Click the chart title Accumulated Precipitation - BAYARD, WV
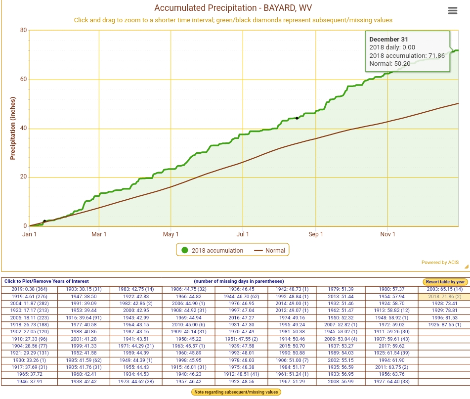(x=233, y=8)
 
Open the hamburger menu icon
(x=452, y=11)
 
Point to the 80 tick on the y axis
(x=23, y=31)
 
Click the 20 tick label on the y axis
(x=23, y=177)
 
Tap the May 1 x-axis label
(x=171, y=234)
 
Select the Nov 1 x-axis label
(x=387, y=234)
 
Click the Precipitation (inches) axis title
(x=13, y=128)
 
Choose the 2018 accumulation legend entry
(x=212, y=251)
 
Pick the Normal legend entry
(x=270, y=251)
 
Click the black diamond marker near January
(x=44, y=221)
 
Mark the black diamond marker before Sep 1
(x=297, y=118)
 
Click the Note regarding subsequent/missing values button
(x=236, y=392)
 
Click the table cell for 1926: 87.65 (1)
(x=444, y=324)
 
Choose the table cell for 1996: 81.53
(x=444, y=317)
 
